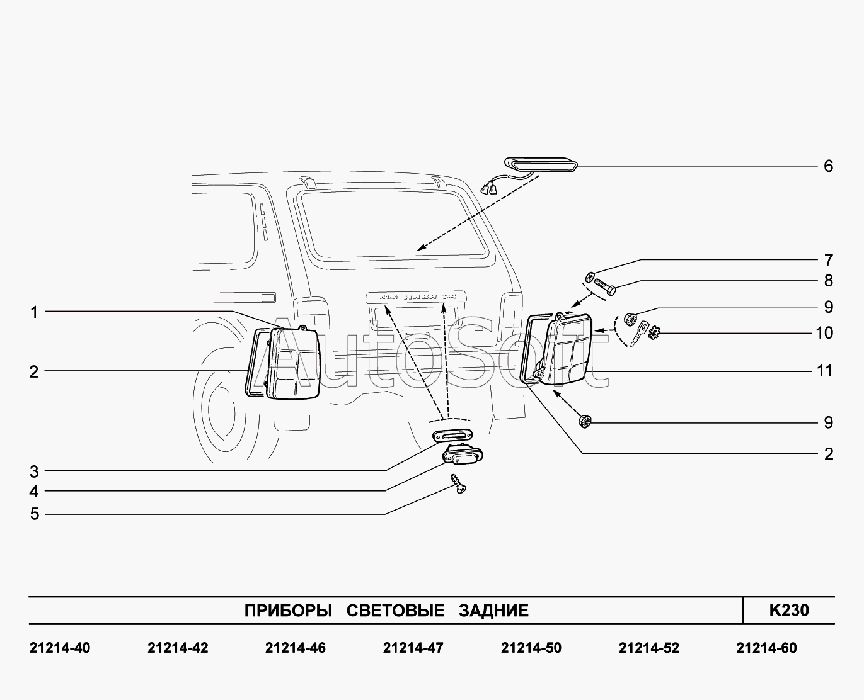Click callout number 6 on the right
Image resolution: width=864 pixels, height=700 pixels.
(x=828, y=166)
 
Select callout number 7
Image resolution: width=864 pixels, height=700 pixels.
(x=828, y=260)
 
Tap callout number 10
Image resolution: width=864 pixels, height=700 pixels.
(x=824, y=332)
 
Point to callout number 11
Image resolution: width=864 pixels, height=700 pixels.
(x=824, y=371)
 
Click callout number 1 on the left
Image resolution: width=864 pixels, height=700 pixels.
(x=34, y=312)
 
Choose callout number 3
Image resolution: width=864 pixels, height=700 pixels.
(x=34, y=471)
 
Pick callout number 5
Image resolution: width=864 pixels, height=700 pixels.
(x=34, y=514)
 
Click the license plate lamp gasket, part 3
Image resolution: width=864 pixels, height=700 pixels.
(x=452, y=436)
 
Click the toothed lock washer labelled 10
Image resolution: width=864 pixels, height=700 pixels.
(x=654, y=331)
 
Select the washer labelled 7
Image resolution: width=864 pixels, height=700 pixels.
(x=590, y=276)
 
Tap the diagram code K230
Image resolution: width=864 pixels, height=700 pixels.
(x=788, y=610)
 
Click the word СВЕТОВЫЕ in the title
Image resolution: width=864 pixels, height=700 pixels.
(x=395, y=611)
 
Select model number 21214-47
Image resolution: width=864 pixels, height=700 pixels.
(x=413, y=648)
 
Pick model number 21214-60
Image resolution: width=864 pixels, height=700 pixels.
(x=766, y=648)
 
